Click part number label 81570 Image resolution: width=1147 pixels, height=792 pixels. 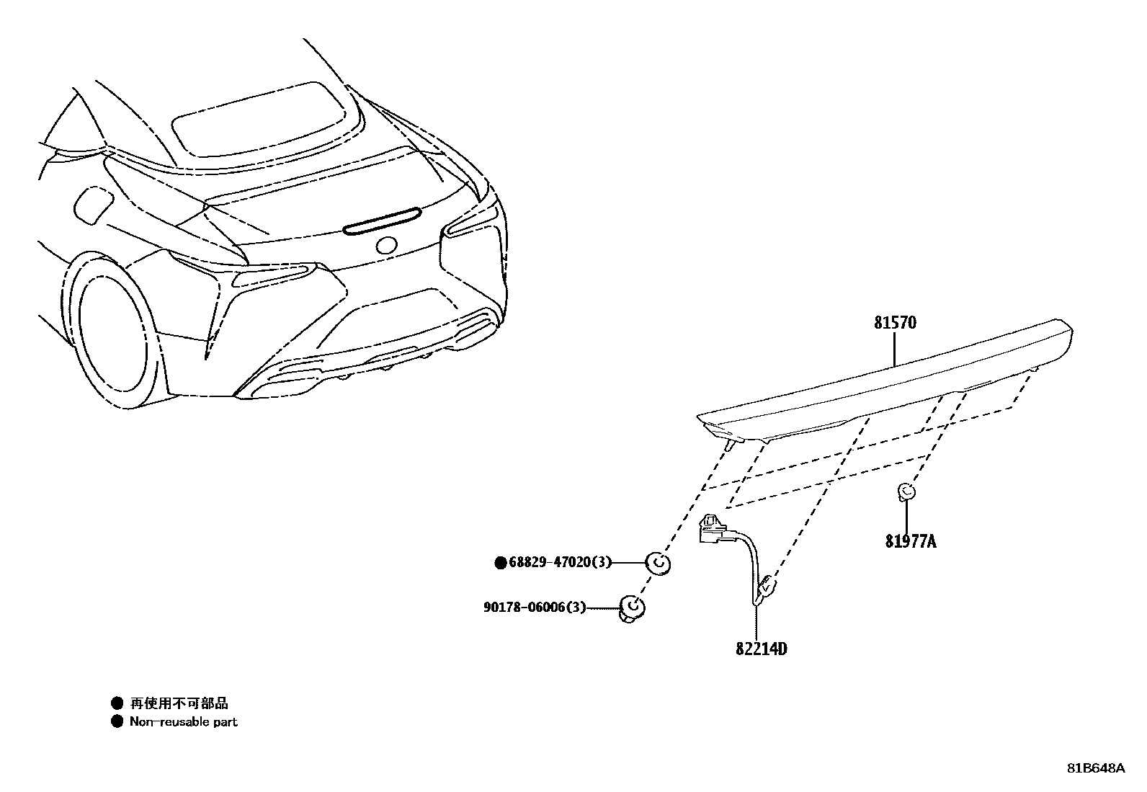(x=896, y=323)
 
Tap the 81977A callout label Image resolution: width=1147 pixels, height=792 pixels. (x=911, y=540)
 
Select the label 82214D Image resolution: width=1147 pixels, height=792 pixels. (x=761, y=649)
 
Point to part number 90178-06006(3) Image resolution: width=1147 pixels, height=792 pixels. (x=534, y=608)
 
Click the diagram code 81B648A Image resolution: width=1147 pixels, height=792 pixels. (x=1096, y=767)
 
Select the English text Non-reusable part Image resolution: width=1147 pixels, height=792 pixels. (x=183, y=721)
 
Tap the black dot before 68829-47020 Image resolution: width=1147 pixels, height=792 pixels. (x=501, y=563)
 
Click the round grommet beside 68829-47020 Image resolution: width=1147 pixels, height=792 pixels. (x=658, y=563)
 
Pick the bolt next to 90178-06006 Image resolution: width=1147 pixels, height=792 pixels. (x=630, y=609)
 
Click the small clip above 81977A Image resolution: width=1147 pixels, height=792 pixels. (x=906, y=493)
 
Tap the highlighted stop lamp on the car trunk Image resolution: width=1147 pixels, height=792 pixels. (x=382, y=220)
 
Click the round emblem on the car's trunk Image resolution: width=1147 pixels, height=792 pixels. (x=386, y=245)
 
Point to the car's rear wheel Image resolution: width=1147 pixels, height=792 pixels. (x=112, y=332)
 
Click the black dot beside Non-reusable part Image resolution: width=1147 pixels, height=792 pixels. (x=117, y=721)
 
